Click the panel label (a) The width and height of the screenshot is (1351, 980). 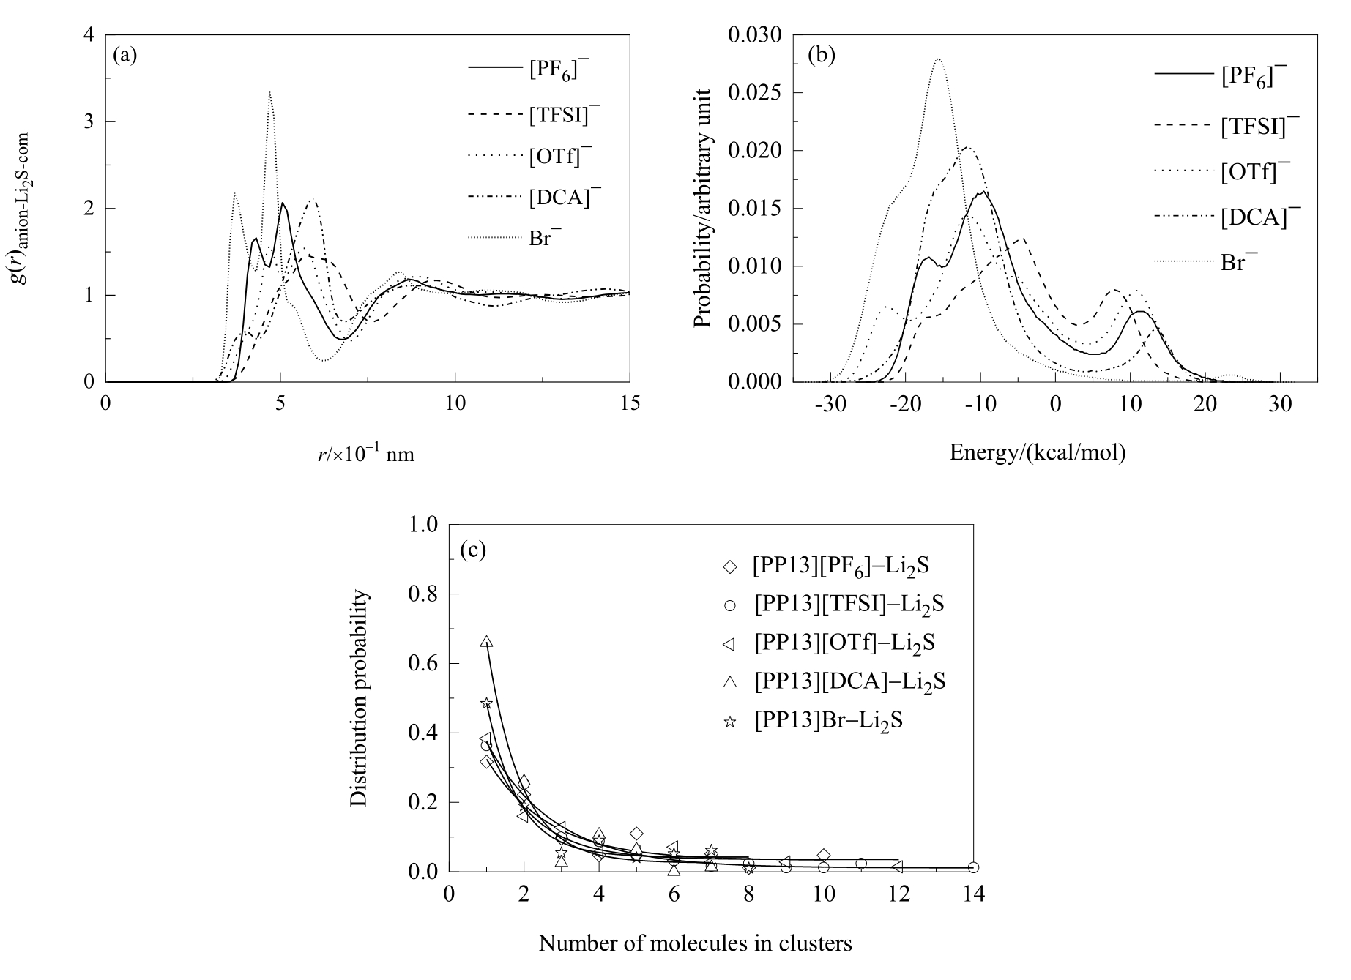click(124, 55)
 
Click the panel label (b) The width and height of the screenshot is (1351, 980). click(820, 55)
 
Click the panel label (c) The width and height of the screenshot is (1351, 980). click(472, 549)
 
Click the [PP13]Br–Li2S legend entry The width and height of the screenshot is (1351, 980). click(827, 720)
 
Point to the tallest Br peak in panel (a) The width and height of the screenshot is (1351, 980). click(270, 93)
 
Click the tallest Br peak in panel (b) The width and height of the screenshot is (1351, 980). click(938, 59)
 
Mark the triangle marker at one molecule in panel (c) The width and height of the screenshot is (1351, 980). click(487, 642)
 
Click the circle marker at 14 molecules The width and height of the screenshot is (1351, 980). click(973, 867)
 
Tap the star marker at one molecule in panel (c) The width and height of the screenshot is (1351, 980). click(486, 703)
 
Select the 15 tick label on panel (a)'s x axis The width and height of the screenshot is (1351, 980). click(630, 403)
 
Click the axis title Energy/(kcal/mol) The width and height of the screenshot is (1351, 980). click(1037, 453)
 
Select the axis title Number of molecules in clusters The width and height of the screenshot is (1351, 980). click(695, 943)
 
